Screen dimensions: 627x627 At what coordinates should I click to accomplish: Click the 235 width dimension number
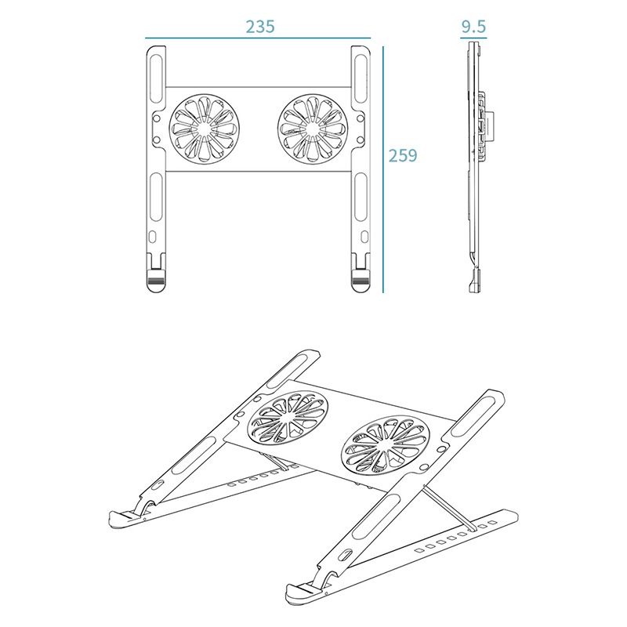(260, 27)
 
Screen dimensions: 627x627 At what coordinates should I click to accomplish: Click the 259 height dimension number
(403, 155)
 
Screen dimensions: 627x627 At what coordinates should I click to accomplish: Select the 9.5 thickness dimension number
(473, 27)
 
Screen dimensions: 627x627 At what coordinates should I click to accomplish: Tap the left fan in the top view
(204, 129)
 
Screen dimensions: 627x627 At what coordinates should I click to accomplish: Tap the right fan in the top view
(313, 129)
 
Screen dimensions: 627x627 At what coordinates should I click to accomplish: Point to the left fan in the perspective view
(288, 418)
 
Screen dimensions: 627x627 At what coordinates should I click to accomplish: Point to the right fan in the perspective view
(386, 445)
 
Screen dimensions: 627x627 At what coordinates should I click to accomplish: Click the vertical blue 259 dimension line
(383, 169)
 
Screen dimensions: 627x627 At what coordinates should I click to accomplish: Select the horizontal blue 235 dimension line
(258, 38)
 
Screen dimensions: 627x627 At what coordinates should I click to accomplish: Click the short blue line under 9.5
(473, 38)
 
